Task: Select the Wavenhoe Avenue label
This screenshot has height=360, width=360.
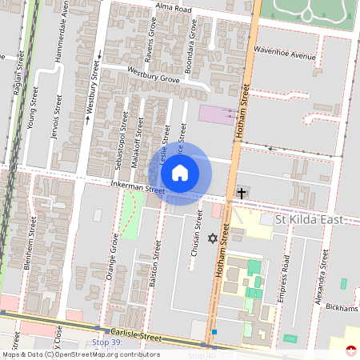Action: (285, 56)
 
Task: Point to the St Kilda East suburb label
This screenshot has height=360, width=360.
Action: (308, 218)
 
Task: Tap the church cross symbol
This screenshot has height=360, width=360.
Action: (242, 194)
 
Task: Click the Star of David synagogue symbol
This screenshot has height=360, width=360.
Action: (212, 238)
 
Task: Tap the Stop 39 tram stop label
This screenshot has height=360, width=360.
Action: (106, 342)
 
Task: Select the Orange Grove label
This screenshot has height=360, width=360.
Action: (113, 255)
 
